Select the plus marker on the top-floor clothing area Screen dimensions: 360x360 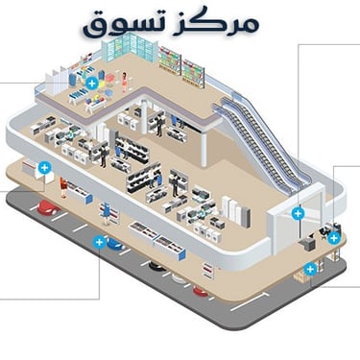coord(91,84)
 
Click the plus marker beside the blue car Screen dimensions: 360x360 coord(98,242)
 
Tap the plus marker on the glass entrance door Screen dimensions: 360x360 coord(298,212)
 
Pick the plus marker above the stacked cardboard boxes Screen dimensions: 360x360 coord(310,268)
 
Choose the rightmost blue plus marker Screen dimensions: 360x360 coord(333,237)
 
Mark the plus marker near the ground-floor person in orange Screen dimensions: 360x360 coord(43,168)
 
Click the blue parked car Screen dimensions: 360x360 coord(113,247)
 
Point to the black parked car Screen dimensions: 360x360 coord(156,266)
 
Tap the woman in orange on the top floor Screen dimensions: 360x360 coord(124,83)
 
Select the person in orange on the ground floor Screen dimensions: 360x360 coord(63,184)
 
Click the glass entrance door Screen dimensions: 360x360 coord(284,228)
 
